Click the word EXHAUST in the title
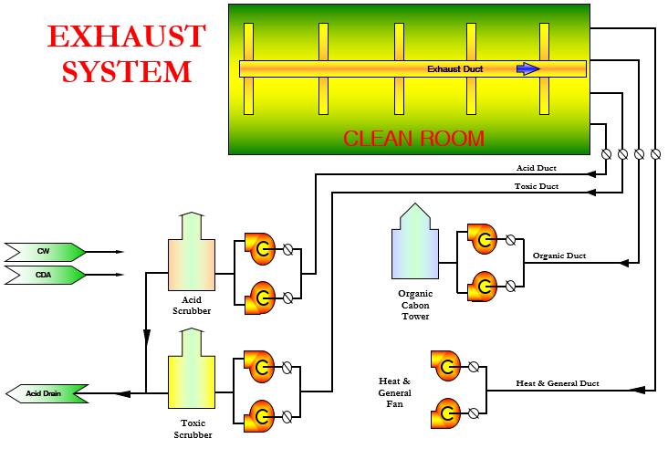(126, 37)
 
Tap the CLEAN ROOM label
(413, 139)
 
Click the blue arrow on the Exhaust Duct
(527, 68)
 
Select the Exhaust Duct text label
(455, 68)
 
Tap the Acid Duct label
(536, 169)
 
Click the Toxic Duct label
(536, 186)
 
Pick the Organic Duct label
(559, 256)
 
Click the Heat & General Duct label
(557, 383)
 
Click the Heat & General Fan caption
(395, 392)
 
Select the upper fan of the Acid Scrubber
(260, 247)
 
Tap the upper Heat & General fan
(446, 367)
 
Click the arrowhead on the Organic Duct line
(624, 263)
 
